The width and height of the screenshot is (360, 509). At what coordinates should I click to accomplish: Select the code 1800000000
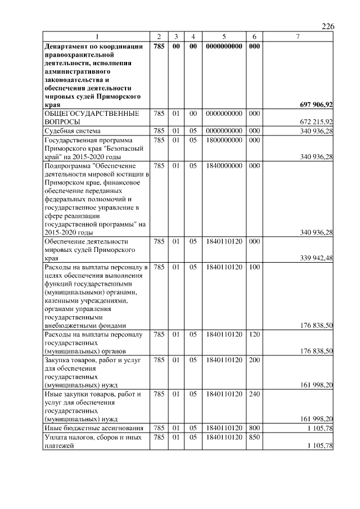click(224, 139)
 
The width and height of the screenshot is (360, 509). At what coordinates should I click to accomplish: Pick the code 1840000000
click(224, 166)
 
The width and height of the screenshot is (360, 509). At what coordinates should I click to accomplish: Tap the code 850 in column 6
click(254, 437)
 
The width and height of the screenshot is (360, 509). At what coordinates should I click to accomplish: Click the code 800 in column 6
click(254, 429)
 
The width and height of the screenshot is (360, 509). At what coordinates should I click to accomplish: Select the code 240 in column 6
click(254, 394)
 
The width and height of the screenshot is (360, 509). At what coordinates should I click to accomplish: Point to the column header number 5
click(224, 37)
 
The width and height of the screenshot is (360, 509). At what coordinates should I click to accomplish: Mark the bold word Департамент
click(66, 46)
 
